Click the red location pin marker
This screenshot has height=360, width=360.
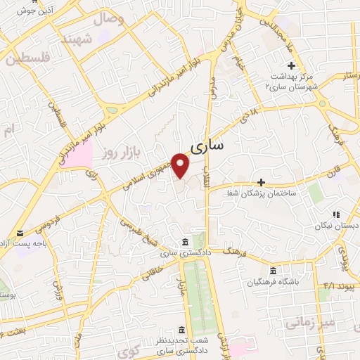(181, 165)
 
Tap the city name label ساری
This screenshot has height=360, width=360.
(206, 146)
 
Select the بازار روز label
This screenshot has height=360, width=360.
(118, 151)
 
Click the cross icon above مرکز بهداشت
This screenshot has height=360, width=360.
(292, 65)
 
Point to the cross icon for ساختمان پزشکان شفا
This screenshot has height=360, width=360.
(261, 182)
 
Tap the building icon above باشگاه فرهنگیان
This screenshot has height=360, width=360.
(273, 271)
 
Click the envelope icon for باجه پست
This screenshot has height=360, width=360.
(20, 233)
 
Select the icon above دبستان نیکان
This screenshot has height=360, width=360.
(335, 214)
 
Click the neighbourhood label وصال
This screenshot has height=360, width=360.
(110, 19)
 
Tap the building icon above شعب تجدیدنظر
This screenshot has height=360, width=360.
(181, 330)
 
